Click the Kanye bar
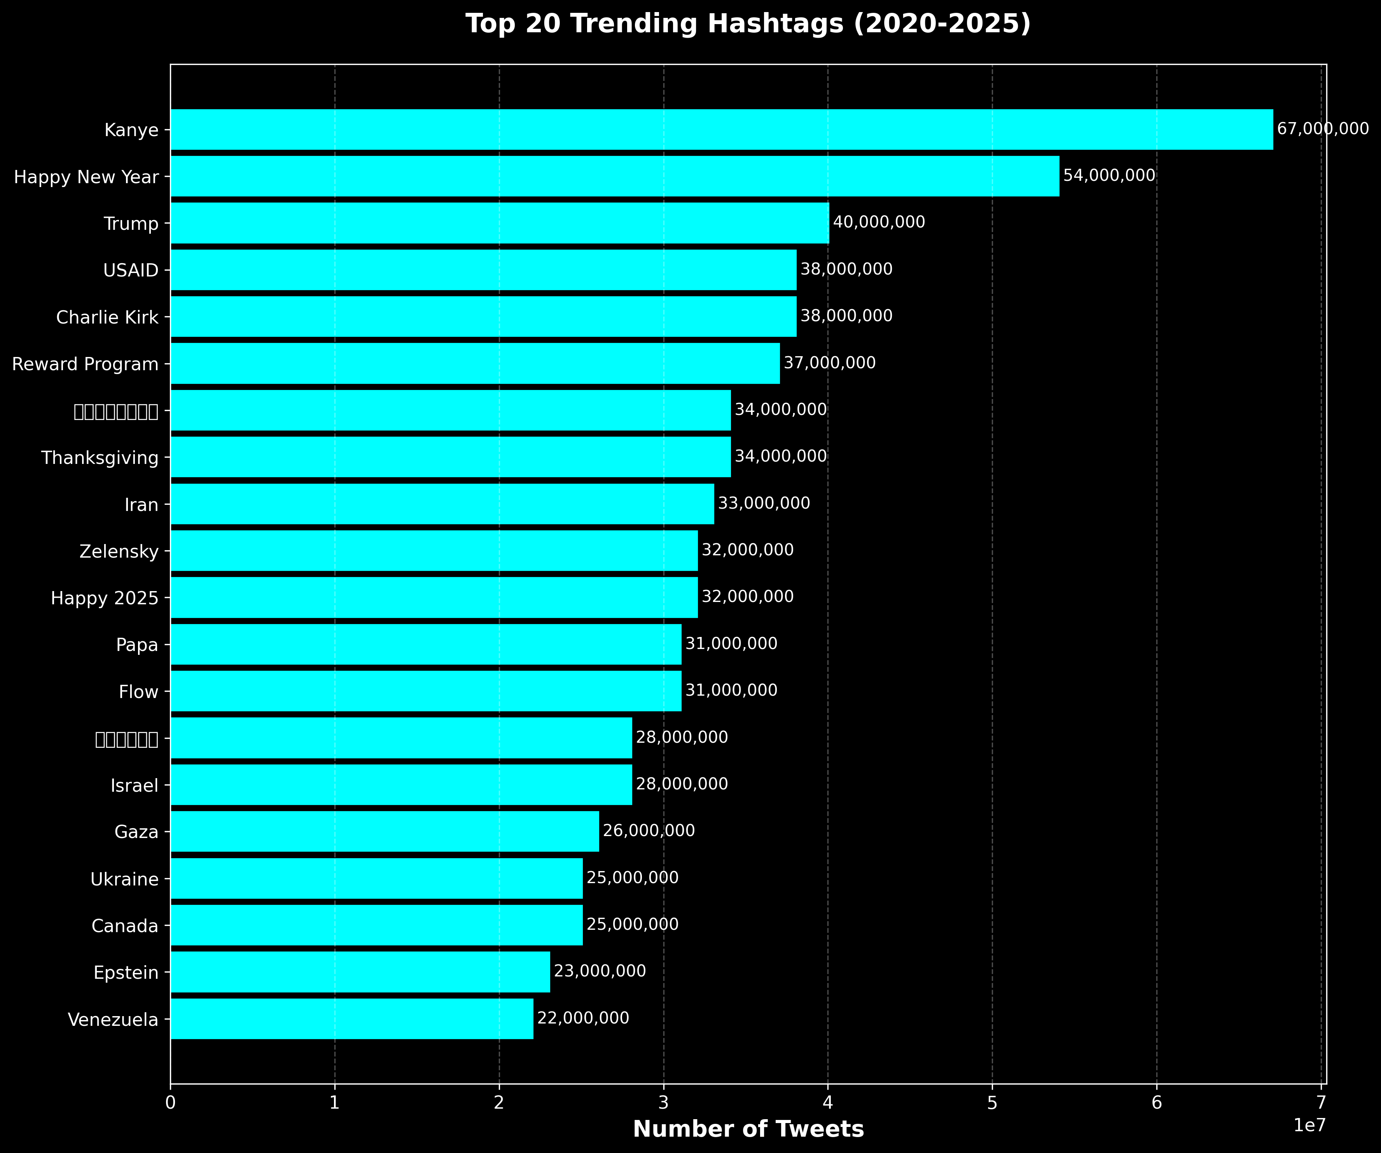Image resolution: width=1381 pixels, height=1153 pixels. click(721, 129)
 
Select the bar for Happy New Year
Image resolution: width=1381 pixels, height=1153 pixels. click(614, 176)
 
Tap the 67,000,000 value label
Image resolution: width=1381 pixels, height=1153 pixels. click(1322, 129)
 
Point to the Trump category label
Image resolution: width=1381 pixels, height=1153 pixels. click(131, 224)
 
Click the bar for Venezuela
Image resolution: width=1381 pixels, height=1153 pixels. click(352, 1019)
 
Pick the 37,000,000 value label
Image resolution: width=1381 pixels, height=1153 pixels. click(829, 363)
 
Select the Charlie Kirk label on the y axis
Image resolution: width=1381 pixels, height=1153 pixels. click(107, 318)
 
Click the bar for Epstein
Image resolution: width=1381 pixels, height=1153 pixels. click(360, 972)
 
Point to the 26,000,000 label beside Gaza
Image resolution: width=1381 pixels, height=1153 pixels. click(649, 831)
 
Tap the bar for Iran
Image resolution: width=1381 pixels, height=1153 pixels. click(442, 504)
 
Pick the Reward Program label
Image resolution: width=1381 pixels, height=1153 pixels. click(86, 364)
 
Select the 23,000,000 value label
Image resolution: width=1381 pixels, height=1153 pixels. click(600, 971)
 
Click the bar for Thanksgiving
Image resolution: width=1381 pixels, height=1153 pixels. click(451, 457)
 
